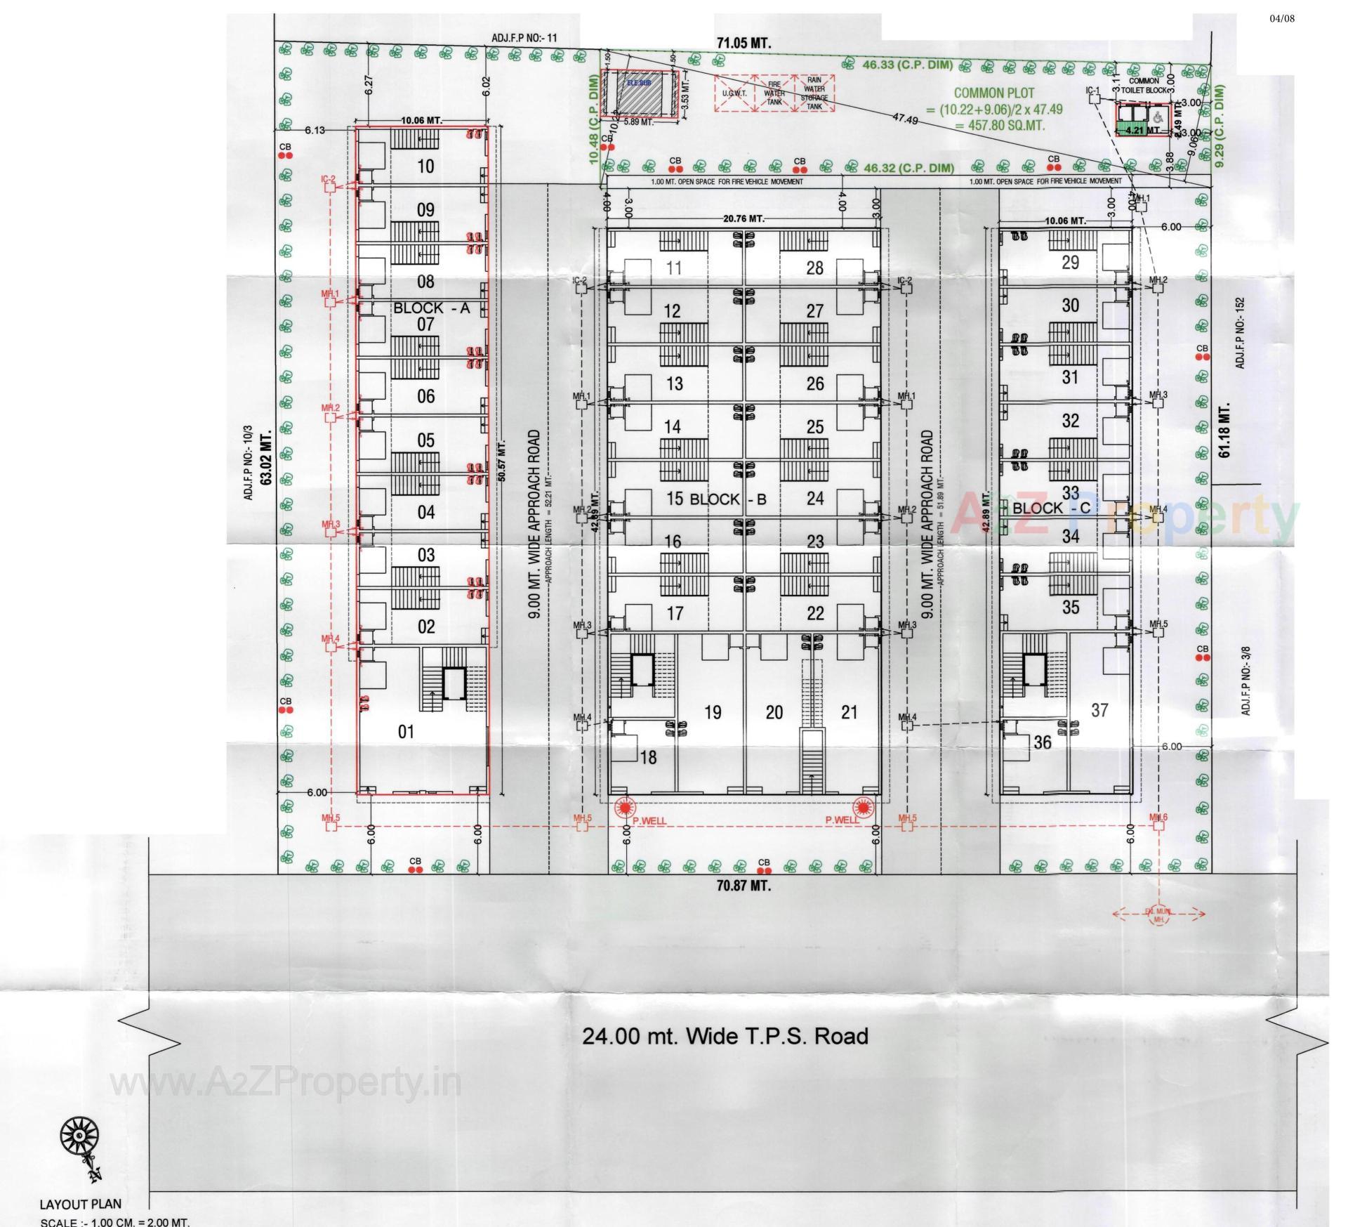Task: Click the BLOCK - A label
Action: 430,308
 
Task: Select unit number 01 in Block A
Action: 406,732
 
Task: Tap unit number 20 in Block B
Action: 774,712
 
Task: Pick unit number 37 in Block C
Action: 1099,710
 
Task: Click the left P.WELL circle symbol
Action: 623,808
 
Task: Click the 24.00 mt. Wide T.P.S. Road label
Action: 725,1036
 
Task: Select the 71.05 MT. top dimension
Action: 744,43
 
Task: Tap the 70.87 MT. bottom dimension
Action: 744,886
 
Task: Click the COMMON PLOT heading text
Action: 994,93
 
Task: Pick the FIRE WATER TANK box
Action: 774,93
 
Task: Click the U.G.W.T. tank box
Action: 734,93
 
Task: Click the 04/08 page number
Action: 1282,18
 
